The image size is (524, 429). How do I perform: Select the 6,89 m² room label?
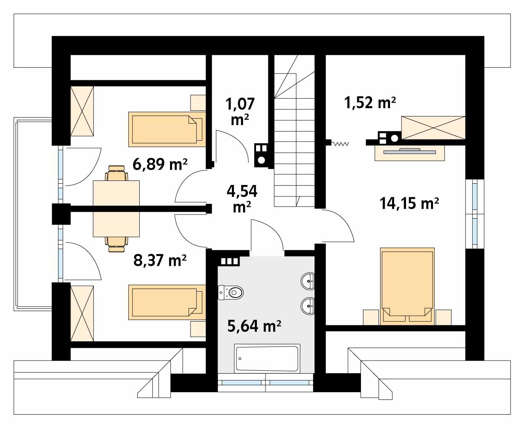[160, 164]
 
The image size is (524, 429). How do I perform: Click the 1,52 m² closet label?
[369, 103]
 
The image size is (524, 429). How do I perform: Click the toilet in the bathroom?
[232, 292]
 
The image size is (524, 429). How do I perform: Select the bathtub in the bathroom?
[267, 358]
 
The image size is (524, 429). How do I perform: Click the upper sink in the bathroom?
[308, 281]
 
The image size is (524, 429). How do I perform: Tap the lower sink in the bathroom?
[308, 305]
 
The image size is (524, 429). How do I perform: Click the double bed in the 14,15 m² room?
[407, 285]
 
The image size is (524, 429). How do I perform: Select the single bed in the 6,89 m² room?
[166, 129]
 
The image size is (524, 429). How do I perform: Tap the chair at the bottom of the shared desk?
[116, 244]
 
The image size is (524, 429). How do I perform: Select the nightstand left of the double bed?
[371, 317]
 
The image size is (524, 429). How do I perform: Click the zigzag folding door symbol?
[340, 144]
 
